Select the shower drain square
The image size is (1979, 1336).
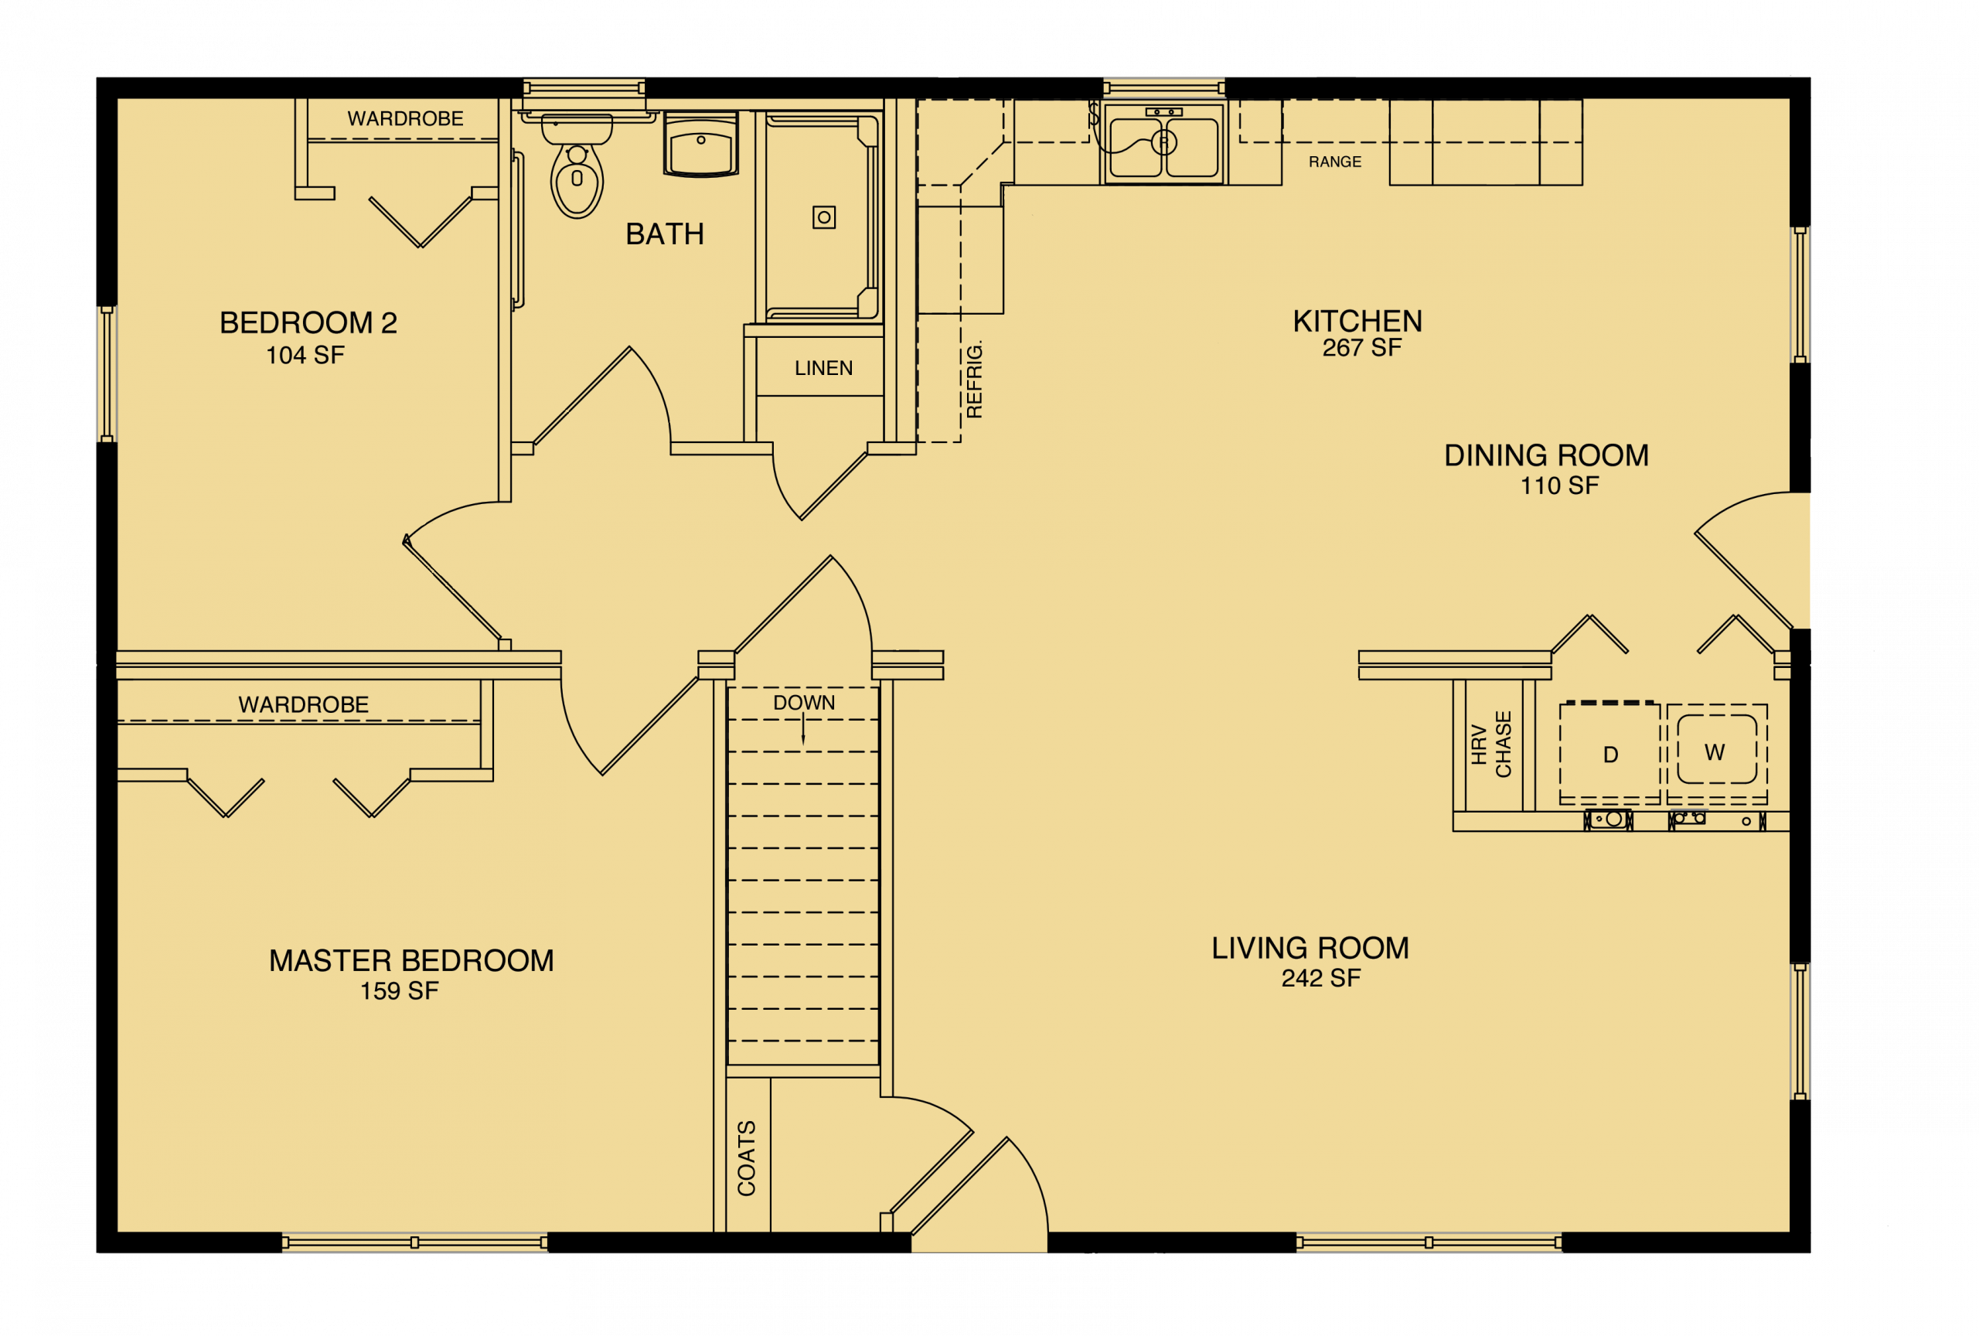[823, 217]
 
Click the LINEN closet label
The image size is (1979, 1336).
[823, 368]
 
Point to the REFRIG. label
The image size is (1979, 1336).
[975, 380]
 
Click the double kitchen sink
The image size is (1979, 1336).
[1163, 145]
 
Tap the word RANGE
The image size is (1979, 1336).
[1334, 162]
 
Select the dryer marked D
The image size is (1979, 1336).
[1609, 755]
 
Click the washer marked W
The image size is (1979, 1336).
[1716, 751]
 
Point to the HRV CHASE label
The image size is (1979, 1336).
[1491, 745]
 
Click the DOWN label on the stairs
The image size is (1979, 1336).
[804, 703]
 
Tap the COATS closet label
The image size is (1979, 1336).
[747, 1158]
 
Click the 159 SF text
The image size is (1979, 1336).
[399, 991]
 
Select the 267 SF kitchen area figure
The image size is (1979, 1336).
[1361, 347]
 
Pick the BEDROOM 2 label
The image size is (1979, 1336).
[308, 322]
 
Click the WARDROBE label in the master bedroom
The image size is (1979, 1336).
[303, 704]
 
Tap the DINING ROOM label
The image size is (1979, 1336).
[1545, 455]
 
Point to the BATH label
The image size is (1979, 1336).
[664, 234]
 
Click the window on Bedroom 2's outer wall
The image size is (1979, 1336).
[107, 375]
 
